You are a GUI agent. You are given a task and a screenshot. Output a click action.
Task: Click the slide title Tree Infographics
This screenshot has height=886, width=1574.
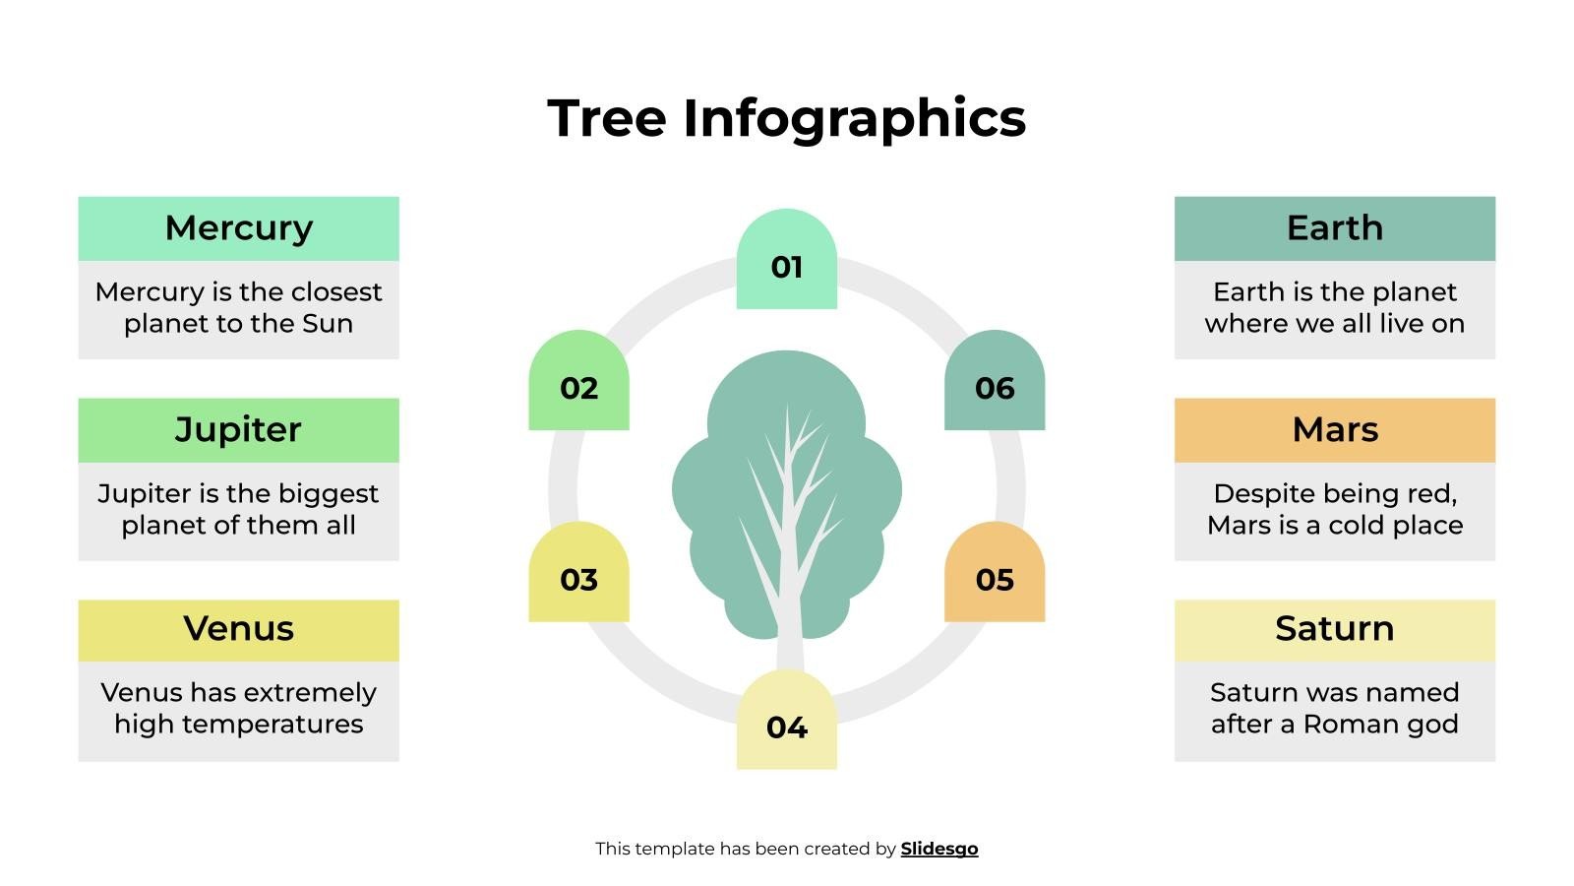coord(786,118)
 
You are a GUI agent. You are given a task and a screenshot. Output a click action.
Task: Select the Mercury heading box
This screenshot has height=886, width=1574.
coord(238,228)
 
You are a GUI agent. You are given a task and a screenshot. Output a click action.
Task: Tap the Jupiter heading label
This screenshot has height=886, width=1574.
coord(238,430)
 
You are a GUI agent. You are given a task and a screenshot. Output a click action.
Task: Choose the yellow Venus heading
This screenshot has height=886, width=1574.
coord(238,629)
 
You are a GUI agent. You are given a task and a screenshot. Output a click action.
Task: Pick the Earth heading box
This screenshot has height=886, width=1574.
coord(1334,228)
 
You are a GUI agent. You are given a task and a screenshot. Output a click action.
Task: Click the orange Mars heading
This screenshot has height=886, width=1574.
coord(1334,430)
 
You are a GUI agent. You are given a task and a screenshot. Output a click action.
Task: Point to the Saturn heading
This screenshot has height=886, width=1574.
coord(1334,629)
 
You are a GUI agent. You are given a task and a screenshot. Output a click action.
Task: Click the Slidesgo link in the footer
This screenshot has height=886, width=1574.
coord(938,849)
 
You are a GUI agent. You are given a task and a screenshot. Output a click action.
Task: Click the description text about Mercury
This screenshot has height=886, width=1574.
coord(238,308)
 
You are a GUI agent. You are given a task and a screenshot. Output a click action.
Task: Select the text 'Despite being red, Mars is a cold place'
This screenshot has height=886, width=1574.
coord(1334,510)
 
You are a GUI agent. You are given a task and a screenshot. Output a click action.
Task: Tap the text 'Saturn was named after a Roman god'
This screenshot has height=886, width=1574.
coord(1334,709)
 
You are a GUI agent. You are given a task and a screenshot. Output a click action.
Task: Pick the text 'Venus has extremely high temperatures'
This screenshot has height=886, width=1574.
coord(238,709)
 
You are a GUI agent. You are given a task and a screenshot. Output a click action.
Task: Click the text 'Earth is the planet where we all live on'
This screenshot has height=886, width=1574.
coord(1334,308)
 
